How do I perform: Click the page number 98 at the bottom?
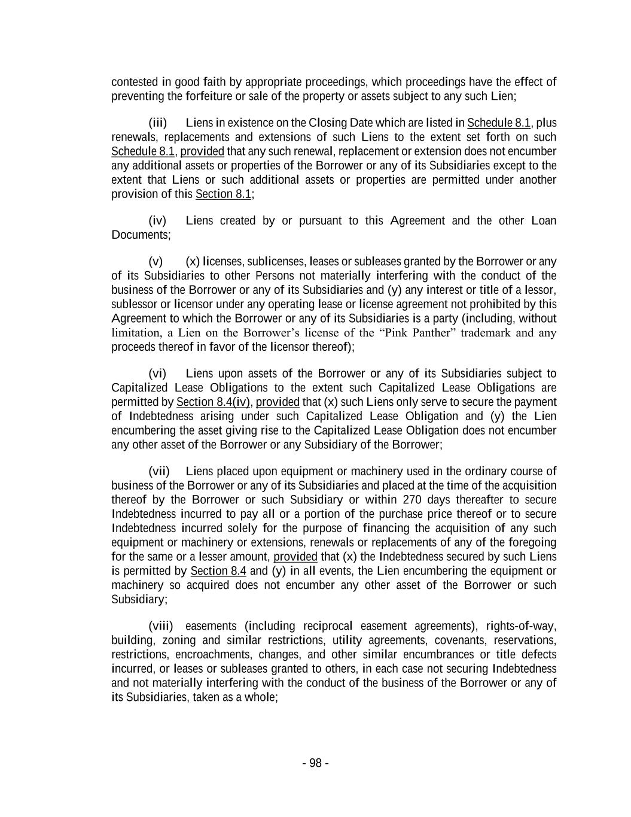pyautogui.click(x=315, y=763)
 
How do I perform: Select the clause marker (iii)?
pyautogui.click(x=157, y=123)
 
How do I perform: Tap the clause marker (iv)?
pyautogui.click(x=157, y=220)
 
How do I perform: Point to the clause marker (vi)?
pyautogui.click(x=157, y=373)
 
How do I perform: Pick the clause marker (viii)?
pyautogui.click(x=160, y=626)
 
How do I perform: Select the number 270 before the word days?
pyautogui.click(x=412, y=500)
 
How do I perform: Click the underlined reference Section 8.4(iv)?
pyautogui.click(x=213, y=402)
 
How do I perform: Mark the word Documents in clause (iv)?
pyautogui.click(x=141, y=235)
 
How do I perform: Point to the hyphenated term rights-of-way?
pyautogui.click(x=521, y=626)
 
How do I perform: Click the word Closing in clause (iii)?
pyautogui.click(x=328, y=123)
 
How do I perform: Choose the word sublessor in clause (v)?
pyautogui.click(x=133, y=304)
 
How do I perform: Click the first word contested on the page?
pyautogui.click(x=135, y=82)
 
